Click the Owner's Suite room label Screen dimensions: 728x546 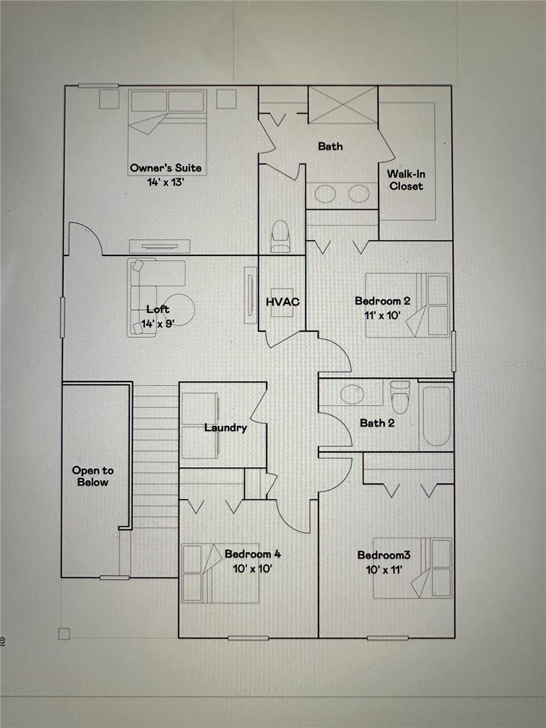pyautogui.click(x=165, y=167)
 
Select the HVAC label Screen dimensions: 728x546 pyautogui.click(x=283, y=301)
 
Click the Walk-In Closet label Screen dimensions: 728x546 pyautogui.click(x=406, y=180)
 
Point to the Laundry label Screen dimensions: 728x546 pyautogui.click(x=226, y=428)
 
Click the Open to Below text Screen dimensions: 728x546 pyautogui.click(x=93, y=476)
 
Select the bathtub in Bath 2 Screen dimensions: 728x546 pyautogui.click(x=436, y=416)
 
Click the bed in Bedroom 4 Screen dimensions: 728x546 pyautogui.click(x=212, y=573)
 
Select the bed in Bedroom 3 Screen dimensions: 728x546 pyautogui.click(x=413, y=568)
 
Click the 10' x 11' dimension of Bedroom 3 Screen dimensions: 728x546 pyautogui.click(x=380, y=568)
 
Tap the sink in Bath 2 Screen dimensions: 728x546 pyautogui.click(x=352, y=394)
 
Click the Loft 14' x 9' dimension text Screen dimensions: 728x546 pyautogui.click(x=158, y=323)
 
